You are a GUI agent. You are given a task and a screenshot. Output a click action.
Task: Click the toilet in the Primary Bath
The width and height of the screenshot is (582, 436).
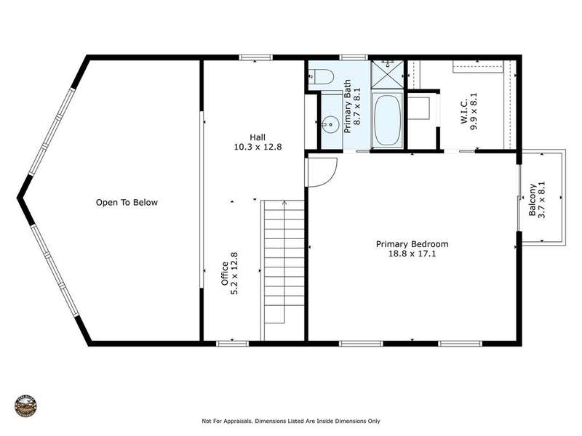click(321, 76)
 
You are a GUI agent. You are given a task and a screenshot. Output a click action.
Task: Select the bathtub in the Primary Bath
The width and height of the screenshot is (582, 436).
click(387, 120)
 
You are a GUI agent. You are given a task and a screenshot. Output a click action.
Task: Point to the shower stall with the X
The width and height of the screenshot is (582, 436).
click(387, 74)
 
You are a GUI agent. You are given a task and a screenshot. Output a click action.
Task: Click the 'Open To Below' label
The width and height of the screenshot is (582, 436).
click(127, 203)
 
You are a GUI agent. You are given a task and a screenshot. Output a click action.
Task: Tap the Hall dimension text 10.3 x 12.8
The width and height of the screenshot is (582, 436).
click(258, 147)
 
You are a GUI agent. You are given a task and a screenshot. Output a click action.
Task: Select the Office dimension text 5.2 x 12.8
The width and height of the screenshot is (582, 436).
click(234, 274)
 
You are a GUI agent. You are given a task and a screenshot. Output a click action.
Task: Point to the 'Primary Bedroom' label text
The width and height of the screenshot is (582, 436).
click(412, 244)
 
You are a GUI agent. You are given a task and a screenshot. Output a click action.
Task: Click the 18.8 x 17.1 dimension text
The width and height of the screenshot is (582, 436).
click(412, 254)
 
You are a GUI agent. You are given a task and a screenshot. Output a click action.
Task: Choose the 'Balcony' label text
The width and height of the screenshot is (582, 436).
click(533, 200)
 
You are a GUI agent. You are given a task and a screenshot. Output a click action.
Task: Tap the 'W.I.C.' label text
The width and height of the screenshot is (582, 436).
click(464, 112)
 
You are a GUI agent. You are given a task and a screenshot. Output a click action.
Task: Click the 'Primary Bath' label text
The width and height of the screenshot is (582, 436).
click(348, 106)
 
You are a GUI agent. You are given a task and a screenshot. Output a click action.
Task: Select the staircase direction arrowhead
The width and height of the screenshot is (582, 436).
click(284, 203)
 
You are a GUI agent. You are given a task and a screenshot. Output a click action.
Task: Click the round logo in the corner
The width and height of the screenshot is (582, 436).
click(25, 405)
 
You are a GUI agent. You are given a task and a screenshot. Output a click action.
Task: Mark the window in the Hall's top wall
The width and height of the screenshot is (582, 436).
click(255, 57)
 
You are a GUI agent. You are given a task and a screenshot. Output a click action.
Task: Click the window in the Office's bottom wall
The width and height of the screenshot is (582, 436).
click(232, 344)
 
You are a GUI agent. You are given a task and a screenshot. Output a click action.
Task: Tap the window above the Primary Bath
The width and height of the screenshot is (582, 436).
click(354, 57)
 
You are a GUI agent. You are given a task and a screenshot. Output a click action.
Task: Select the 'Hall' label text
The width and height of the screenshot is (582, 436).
click(258, 137)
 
